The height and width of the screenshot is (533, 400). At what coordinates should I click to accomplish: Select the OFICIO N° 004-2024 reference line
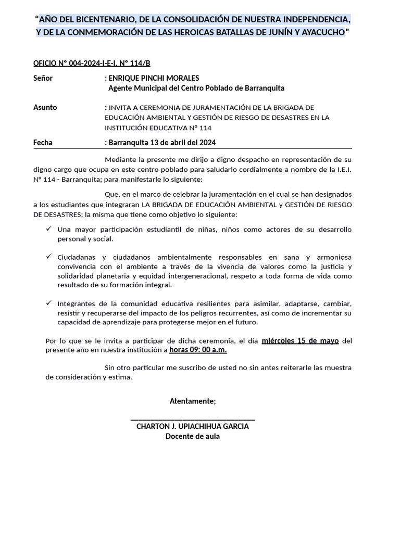[92, 64]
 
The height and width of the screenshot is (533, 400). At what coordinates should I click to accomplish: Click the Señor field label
[43, 78]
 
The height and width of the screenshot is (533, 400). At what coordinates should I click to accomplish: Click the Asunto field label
[45, 107]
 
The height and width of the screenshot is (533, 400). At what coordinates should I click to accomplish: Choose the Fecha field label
[43, 142]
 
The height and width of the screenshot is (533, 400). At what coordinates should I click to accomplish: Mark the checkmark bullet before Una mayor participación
[48, 229]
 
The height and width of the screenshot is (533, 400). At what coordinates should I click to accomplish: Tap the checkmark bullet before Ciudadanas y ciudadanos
[48, 257]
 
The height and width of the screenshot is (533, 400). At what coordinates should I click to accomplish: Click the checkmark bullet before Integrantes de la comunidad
[48, 303]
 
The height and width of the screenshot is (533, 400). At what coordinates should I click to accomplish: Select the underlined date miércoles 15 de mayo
[300, 341]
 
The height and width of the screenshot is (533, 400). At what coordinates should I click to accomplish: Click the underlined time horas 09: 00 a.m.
[198, 350]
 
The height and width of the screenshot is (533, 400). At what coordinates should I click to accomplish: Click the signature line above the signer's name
[192, 418]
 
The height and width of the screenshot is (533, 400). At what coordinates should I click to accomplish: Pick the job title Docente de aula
[193, 436]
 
